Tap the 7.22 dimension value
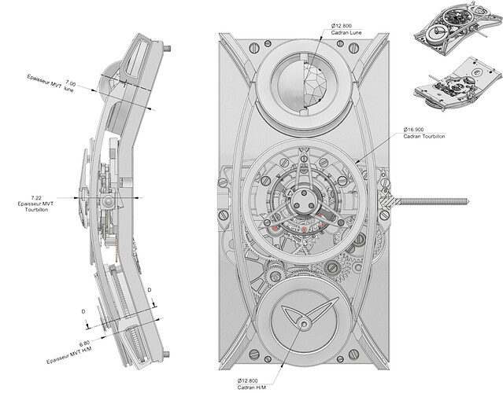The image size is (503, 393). [36, 198]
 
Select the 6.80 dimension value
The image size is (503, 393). [84, 344]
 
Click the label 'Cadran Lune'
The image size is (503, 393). [346, 32]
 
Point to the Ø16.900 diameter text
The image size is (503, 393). [413, 130]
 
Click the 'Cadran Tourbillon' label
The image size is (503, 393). [424, 136]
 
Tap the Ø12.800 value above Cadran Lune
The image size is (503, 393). [342, 26]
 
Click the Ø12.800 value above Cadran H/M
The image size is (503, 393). [248, 381]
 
